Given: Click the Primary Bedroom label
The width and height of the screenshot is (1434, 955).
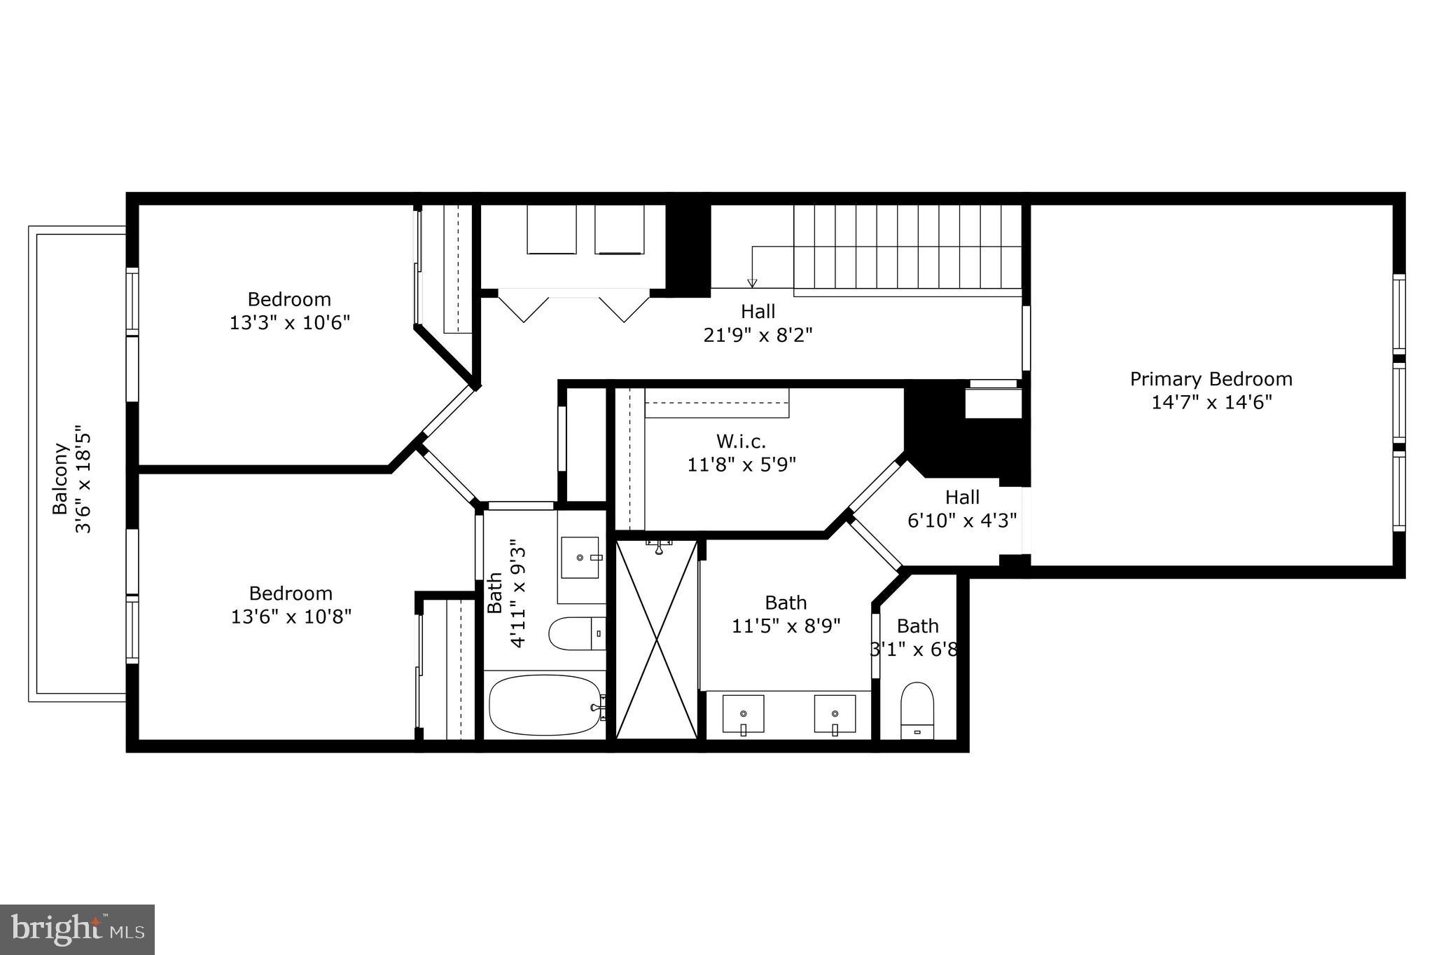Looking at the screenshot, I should click(x=1211, y=379).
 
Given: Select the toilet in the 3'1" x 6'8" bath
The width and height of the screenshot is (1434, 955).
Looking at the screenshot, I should click(x=917, y=710).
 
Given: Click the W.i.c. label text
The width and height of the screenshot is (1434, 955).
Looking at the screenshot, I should click(x=741, y=441).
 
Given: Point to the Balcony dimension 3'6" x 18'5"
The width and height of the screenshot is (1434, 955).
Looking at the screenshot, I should click(x=84, y=479).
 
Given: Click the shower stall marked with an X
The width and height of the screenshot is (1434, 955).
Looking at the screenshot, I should click(x=656, y=639).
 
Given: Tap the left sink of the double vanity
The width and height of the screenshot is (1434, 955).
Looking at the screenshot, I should click(x=743, y=714).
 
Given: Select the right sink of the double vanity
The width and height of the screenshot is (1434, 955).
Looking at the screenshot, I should click(x=835, y=714).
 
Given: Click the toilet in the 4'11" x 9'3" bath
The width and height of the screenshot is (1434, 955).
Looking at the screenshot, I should click(x=576, y=633).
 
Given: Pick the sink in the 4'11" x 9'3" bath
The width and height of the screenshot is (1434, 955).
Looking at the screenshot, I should click(x=580, y=558).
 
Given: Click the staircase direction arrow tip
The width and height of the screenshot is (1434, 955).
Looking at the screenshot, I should click(x=752, y=284).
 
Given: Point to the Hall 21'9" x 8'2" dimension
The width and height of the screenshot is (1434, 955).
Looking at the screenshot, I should click(x=758, y=335).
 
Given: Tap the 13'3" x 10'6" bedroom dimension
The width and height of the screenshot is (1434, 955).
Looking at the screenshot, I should click(x=289, y=323).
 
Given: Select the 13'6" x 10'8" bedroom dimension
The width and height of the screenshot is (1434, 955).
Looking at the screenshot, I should click(x=291, y=617).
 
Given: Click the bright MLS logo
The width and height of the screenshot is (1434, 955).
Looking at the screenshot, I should click(x=77, y=929).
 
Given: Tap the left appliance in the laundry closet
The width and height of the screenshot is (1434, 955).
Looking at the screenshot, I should click(x=552, y=229).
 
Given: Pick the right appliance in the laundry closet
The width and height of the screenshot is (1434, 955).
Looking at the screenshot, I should click(x=619, y=229).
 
